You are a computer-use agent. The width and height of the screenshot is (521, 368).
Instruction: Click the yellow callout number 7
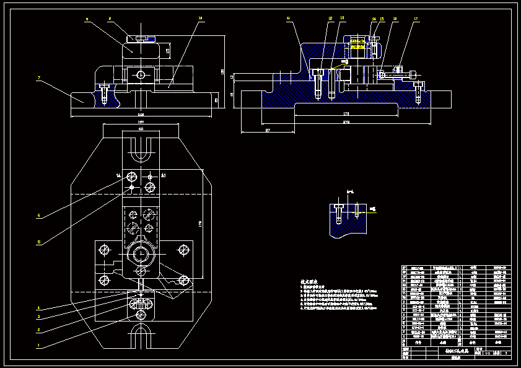38,78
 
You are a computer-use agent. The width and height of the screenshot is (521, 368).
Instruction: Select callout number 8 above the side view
87,20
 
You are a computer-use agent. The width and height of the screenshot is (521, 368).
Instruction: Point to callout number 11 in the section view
288,19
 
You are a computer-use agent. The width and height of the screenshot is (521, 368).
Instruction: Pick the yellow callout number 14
374,19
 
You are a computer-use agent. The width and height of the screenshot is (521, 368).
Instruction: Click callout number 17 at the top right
416,19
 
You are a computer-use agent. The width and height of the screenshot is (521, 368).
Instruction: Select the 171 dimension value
346,113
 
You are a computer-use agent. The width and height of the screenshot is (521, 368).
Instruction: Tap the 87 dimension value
268,130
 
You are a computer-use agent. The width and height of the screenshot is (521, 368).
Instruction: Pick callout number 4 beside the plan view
38,307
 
